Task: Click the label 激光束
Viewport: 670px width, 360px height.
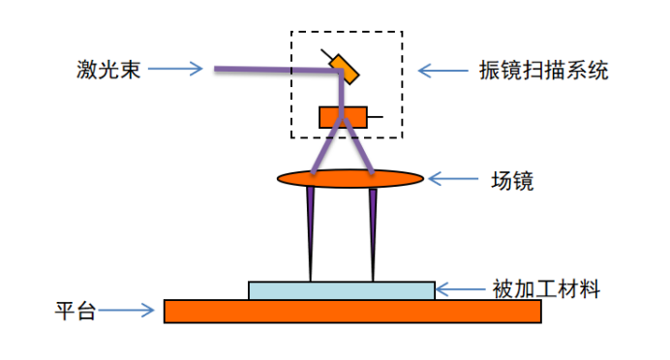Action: tap(108, 69)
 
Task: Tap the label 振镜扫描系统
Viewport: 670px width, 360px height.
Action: tap(543, 70)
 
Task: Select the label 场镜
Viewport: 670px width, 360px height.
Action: tap(512, 181)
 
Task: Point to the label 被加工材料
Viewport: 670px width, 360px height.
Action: tap(546, 289)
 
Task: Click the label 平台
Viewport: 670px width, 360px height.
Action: tap(76, 311)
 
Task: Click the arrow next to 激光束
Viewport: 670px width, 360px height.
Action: tap(175, 69)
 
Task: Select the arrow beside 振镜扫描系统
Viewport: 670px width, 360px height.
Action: tap(442, 71)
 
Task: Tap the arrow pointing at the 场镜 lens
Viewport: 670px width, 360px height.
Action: tap(453, 179)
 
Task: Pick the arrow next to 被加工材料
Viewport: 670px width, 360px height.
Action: tap(461, 289)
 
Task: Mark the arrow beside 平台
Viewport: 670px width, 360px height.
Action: tap(126, 311)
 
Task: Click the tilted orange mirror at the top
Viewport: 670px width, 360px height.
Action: tap(344, 69)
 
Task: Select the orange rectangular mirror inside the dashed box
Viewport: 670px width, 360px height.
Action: tap(343, 117)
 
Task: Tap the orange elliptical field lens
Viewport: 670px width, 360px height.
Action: tap(350, 178)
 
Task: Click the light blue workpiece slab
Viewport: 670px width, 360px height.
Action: tap(342, 290)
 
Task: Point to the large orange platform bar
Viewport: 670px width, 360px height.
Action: tap(352, 312)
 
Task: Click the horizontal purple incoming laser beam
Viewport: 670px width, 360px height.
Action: tap(278, 70)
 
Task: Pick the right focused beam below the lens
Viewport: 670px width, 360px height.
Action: tap(373, 235)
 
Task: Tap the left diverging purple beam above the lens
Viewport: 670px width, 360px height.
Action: tap(327, 145)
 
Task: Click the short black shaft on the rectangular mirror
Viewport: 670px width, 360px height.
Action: tap(375, 116)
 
